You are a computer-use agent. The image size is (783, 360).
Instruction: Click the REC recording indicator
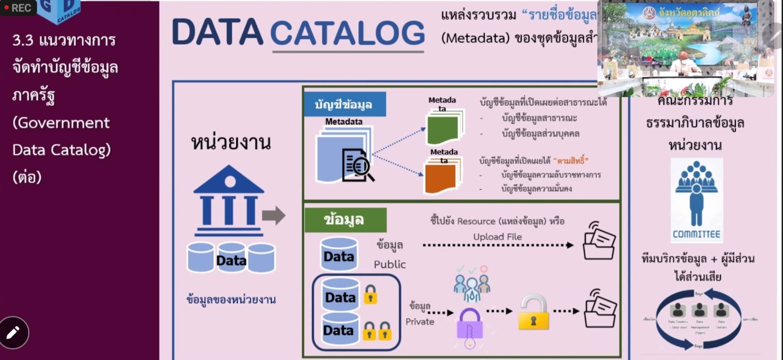coord(18,8)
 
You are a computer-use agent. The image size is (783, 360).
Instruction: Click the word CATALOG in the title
coord(347,33)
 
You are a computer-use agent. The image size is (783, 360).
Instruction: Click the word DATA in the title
coord(217,32)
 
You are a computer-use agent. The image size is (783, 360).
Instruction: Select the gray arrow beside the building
coord(274,215)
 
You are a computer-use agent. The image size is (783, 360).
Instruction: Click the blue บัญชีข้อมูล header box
coord(344,105)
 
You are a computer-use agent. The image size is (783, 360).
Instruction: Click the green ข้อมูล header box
coord(345,220)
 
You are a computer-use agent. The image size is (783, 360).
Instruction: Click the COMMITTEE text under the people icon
coord(696,234)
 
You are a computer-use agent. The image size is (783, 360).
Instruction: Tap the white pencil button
coord(14,333)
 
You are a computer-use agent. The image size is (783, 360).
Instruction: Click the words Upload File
coord(498,237)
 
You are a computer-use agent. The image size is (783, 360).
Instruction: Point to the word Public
coord(390,265)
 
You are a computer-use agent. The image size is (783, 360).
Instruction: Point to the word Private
coord(420,322)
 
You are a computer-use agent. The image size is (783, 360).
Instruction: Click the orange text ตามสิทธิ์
coord(571,161)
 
